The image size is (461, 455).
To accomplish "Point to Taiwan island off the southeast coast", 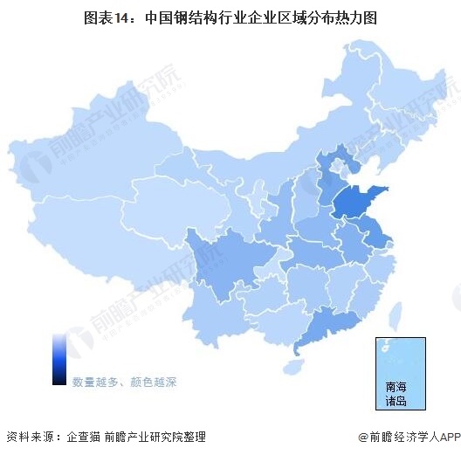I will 395,314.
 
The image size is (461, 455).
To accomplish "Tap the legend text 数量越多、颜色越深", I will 124,382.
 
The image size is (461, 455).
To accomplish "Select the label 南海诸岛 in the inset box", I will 396,394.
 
